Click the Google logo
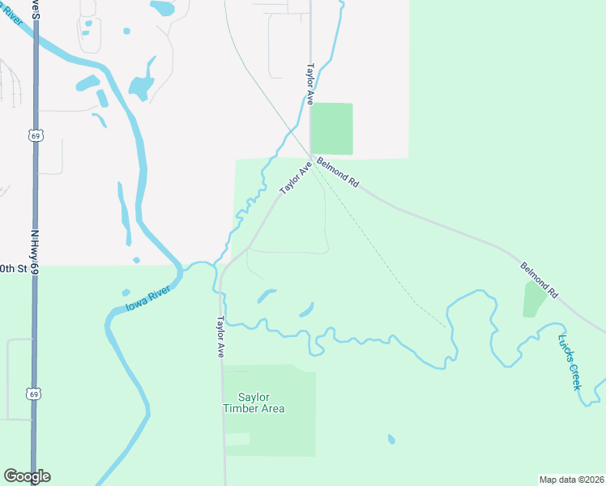tap(27, 476)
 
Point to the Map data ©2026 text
tap(571, 479)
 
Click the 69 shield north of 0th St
tap(35, 136)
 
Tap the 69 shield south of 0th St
tap(33, 394)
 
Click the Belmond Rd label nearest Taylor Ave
tap(338, 172)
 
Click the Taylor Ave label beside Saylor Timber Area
tap(220, 337)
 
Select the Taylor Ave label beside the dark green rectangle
tap(309, 85)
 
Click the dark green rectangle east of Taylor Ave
tap(332, 128)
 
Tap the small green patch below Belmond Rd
tap(535, 299)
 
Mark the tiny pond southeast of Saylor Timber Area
tap(391, 439)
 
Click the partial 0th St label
tap(13, 267)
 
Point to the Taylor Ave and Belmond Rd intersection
tap(310, 156)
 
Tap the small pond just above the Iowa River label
tap(126, 292)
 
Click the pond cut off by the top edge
tap(163, 9)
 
